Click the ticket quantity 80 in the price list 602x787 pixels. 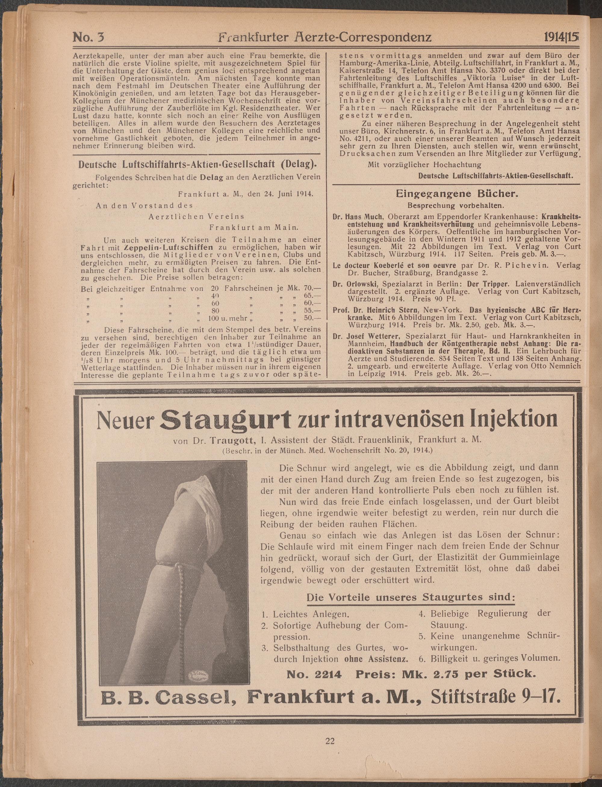click(x=215, y=311)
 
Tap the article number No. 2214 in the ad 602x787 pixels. click(x=314, y=674)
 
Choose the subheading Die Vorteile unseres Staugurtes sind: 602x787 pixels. click(x=411, y=597)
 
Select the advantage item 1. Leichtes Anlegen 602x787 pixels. click(x=306, y=614)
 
